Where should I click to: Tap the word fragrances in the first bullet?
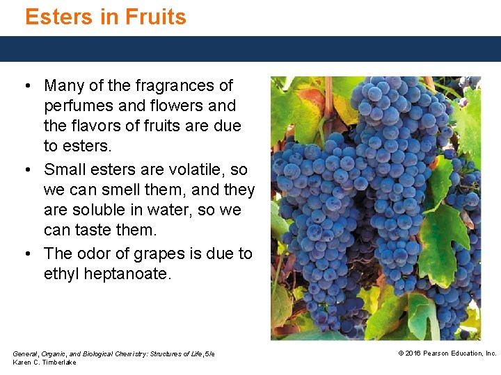click(182, 86)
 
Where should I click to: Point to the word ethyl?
click(61, 274)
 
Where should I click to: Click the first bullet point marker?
click(26, 86)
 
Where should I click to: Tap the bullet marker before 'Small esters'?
click(26, 169)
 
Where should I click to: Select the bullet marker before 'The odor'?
click(26, 253)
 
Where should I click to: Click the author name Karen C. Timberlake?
click(45, 362)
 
